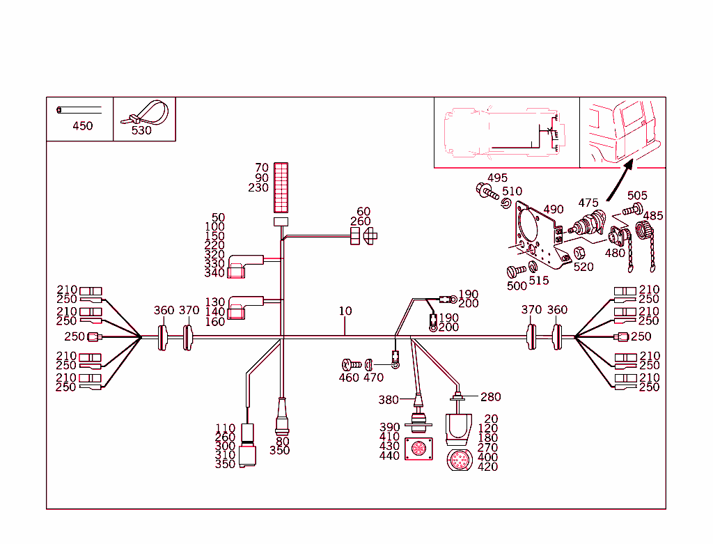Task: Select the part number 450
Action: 82,126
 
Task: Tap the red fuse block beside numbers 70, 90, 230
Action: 281,187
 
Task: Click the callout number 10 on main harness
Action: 345,311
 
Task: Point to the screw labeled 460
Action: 350,364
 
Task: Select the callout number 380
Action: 389,400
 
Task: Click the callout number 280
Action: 490,397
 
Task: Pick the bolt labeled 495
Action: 485,190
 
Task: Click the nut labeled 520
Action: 577,252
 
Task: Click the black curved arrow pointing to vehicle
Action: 617,181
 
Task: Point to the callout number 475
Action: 588,203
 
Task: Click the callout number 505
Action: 637,196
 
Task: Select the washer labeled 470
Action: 370,364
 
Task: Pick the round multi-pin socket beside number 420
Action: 459,460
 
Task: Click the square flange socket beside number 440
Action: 418,449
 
